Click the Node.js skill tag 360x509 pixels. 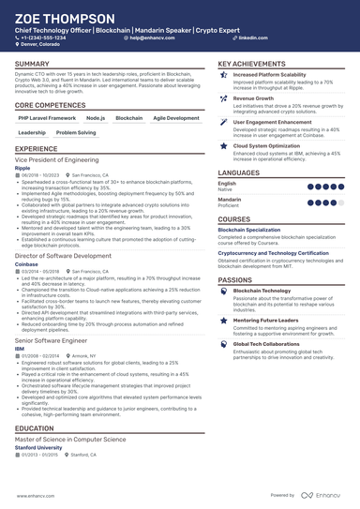pyautogui.click(x=96, y=119)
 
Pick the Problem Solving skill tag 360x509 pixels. pyautogui.click(x=75, y=134)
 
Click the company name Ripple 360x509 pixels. pyautogui.click(x=24, y=170)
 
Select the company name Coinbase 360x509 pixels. pyautogui.click(x=28, y=263)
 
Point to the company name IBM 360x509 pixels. pyautogui.click(x=21, y=347)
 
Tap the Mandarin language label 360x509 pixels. pyautogui.click(x=230, y=200)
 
